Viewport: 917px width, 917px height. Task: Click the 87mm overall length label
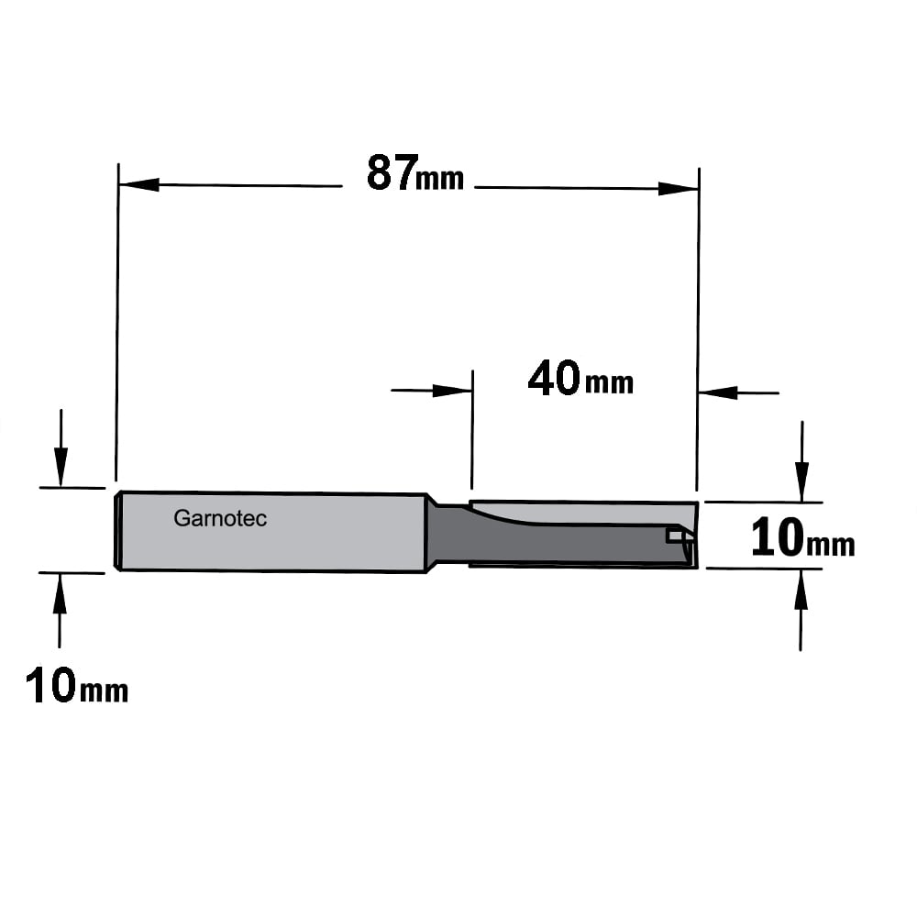coord(415,173)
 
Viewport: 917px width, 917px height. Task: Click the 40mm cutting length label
coord(580,379)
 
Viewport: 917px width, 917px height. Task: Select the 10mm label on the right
coord(803,538)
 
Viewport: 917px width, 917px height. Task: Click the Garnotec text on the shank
coord(220,518)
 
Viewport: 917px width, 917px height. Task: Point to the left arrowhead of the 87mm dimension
coord(138,185)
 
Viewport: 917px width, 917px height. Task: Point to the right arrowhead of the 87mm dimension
coord(679,188)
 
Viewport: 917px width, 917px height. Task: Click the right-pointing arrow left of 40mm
coord(432,390)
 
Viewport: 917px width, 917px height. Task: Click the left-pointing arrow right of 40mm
coord(738,392)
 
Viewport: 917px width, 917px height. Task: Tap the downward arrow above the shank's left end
coord(61,447)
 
